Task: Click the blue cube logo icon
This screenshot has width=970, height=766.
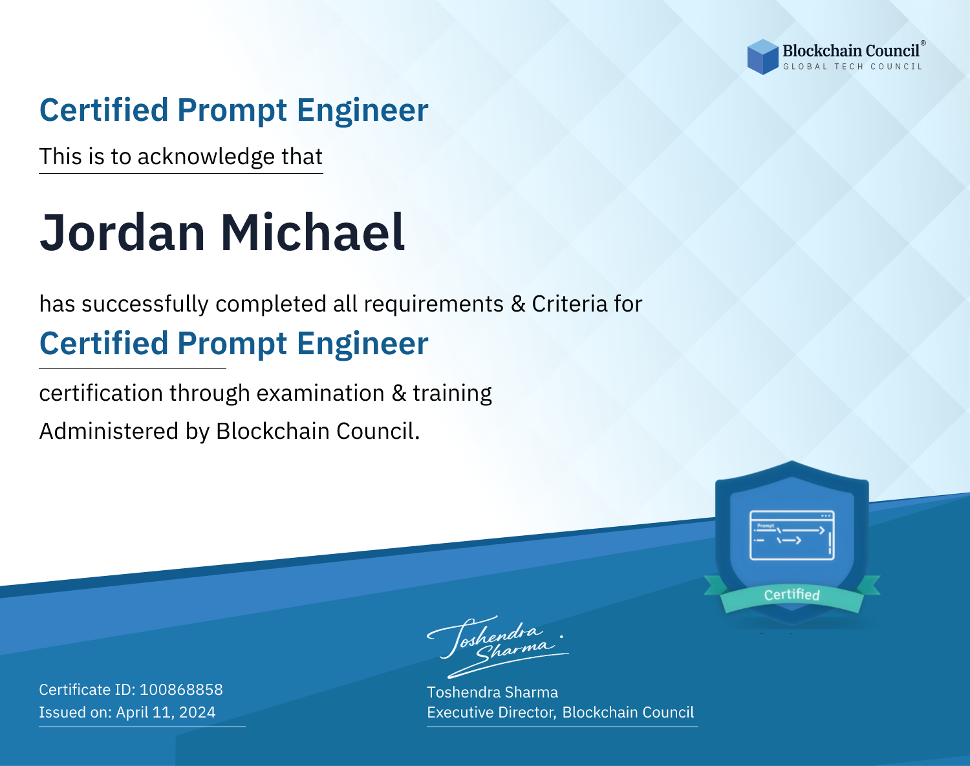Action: (x=762, y=57)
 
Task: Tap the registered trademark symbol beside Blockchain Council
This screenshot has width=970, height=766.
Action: (x=923, y=43)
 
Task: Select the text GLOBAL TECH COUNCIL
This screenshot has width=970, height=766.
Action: (x=852, y=67)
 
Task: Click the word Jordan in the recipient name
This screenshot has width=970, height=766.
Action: (x=122, y=233)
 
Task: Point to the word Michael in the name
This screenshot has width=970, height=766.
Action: (x=312, y=232)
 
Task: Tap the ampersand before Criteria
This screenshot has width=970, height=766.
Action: (x=518, y=304)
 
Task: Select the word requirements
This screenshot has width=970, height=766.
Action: (x=434, y=304)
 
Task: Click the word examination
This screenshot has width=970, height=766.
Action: (x=320, y=393)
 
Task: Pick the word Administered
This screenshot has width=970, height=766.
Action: (x=109, y=431)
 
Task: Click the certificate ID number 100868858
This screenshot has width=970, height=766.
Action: (x=181, y=690)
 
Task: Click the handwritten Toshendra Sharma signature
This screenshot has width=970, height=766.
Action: (x=497, y=646)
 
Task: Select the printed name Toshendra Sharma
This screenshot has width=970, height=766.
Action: (x=492, y=692)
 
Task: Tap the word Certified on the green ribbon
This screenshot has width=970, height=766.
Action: (x=792, y=595)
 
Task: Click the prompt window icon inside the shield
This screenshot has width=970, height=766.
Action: (x=792, y=535)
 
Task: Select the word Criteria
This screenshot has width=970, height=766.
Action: (x=569, y=304)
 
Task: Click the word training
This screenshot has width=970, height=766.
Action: (x=452, y=394)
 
